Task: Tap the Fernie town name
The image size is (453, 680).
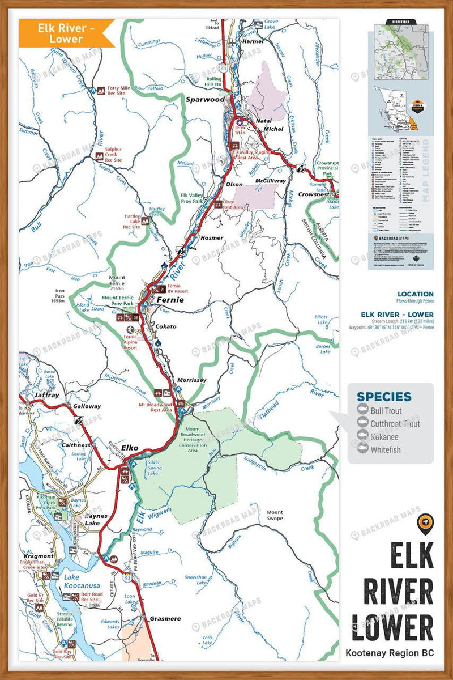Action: (x=170, y=300)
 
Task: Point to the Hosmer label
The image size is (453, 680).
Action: (x=212, y=238)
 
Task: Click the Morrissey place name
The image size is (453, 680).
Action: (x=191, y=380)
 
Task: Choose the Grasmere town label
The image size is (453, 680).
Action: (x=165, y=619)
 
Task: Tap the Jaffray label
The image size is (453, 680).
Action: (x=46, y=395)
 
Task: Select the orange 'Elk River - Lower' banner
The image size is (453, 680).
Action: (x=66, y=33)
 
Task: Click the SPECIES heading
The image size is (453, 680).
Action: (x=384, y=397)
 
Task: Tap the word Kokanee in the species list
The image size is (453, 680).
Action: (x=386, y=437)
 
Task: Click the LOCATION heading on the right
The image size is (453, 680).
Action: (x=415, y=294)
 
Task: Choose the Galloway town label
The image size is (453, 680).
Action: (x=87, y=406)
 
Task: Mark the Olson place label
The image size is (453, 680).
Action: (x=234, y=184)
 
